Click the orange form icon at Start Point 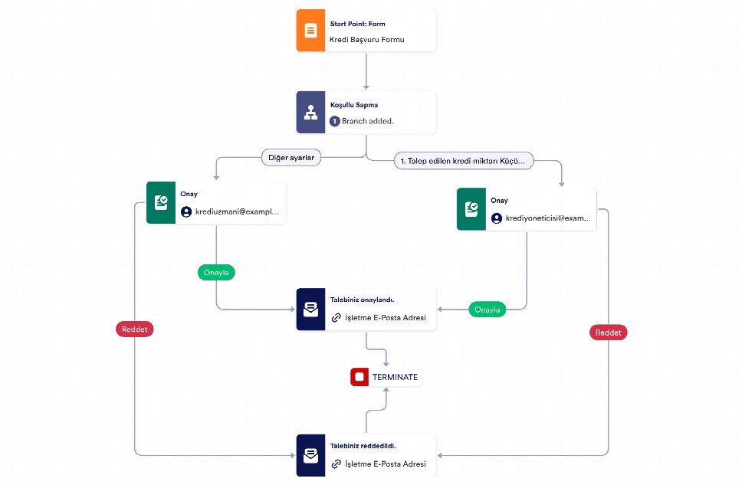310,31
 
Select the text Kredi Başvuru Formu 366,40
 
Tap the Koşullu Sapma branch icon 310,112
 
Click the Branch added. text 368,121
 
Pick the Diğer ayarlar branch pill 291,158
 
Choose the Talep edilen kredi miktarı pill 464,161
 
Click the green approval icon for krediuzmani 161,202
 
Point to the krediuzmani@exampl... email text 237,212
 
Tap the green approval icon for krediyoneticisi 471,209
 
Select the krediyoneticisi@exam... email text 548,218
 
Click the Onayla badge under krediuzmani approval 216,273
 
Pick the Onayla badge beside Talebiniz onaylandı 488,310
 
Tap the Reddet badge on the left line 135,329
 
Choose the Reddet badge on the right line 609,333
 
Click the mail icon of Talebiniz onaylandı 310,310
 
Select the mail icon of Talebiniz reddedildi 310,455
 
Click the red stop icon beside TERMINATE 360,377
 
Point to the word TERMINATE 395,377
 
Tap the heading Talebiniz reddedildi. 363,446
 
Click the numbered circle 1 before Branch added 334,121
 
